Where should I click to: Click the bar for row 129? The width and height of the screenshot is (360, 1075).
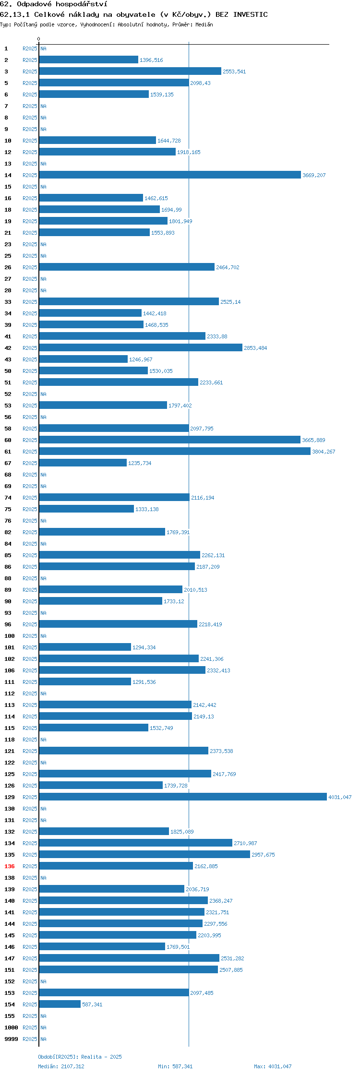coord(183,797)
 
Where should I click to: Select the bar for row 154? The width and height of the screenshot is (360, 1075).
coord(60,1004)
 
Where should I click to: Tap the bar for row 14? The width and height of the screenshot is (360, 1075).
coord(170,175)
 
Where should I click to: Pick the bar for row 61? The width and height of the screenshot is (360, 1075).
coord(175,451)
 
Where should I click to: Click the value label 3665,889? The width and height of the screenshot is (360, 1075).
coord(313,440)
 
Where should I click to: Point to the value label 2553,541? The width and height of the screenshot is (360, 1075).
coord(234,72)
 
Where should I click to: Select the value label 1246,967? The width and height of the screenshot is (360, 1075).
coord(141,359)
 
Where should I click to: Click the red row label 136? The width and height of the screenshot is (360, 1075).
coord(9,866)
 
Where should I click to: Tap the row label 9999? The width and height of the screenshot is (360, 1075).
coord(11,1039)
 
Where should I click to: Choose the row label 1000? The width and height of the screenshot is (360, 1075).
coord(11,1027)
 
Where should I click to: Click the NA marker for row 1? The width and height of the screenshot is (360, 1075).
coord(43,48)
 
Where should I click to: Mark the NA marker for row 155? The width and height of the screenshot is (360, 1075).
coord(43,1016)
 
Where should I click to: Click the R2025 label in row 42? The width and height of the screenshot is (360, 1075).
coord(30,348)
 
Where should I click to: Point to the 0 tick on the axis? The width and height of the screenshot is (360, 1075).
coord(39,39)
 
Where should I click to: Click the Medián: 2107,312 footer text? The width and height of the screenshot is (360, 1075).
coord(61,1066)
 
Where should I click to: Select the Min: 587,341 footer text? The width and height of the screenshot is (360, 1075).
coord(175,1066)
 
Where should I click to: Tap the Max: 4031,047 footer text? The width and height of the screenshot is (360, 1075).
coord(273,1066)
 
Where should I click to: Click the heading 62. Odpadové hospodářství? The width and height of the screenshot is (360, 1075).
coord(54,4)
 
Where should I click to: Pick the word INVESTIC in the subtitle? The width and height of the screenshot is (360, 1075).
coord(250,14)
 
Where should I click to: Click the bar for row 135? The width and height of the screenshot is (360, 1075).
coord(144,854)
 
